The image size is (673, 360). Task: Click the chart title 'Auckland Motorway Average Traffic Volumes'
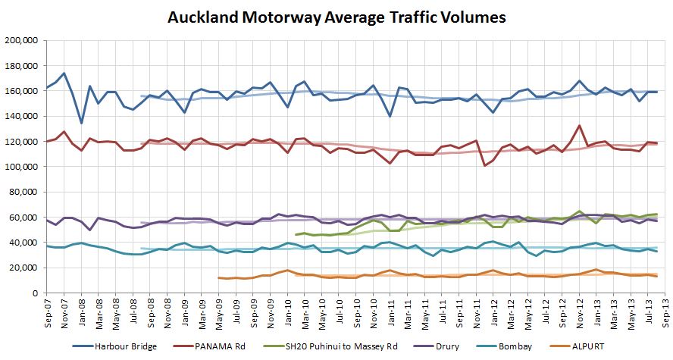(x=336, y=16)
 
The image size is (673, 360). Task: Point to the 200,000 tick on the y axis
(x=22, y=40)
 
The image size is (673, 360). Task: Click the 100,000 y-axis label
(x=22, y=167)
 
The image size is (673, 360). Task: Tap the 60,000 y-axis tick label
(x=24, y=218)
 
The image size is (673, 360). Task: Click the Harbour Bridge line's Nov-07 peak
(x=64, y=74)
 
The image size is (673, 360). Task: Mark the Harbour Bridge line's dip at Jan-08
(x=81, y=123)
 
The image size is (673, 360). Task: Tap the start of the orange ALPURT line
(x=218, y=277)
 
